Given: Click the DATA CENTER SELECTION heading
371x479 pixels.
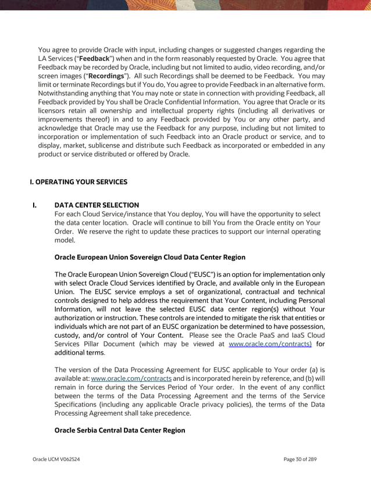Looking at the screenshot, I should point(97,205).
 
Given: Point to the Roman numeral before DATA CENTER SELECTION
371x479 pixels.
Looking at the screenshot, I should point(35,205).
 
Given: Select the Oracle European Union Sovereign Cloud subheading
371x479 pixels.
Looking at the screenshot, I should point(149,257).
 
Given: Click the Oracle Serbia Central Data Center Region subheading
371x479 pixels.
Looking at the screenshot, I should point(119,430).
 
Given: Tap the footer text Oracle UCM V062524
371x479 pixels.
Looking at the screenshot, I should point(56,459).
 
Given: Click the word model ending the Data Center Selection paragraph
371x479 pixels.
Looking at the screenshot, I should point(65,239).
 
